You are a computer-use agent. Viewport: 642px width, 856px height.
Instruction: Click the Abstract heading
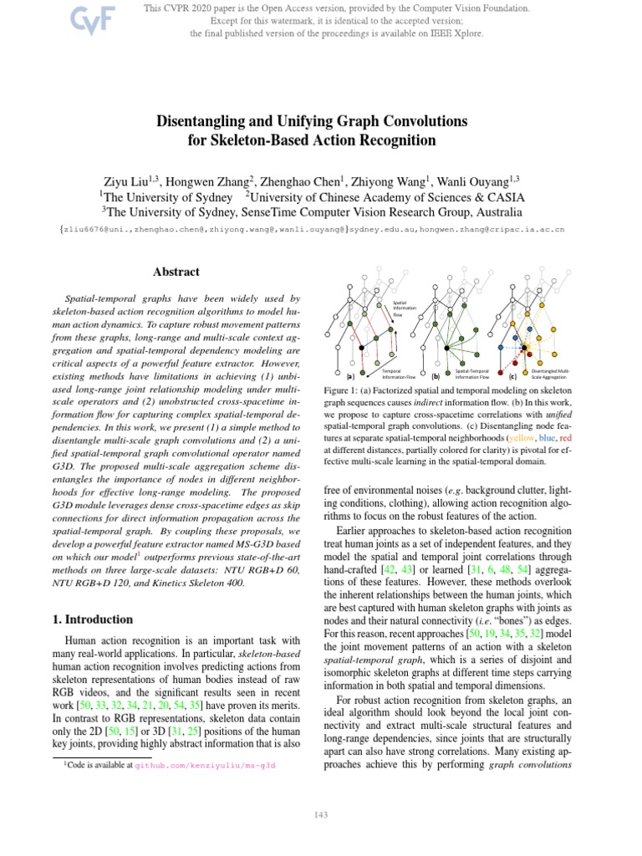pyautogui.click(x=176, y=272)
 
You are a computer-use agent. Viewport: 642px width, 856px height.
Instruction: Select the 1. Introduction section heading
pyautogui.click(x=88, y=619)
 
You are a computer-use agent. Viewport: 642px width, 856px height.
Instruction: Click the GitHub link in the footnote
pyautogui.click(x=205, y=765)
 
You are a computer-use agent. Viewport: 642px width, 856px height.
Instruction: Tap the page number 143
pyautogui.click(x=320, y=815)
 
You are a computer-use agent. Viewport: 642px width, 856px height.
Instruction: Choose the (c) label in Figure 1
pyautogui.click(x=512, y=376)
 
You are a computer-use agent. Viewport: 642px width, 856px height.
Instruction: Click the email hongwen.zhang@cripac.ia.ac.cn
pyautogui.click(x=497, y=228)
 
